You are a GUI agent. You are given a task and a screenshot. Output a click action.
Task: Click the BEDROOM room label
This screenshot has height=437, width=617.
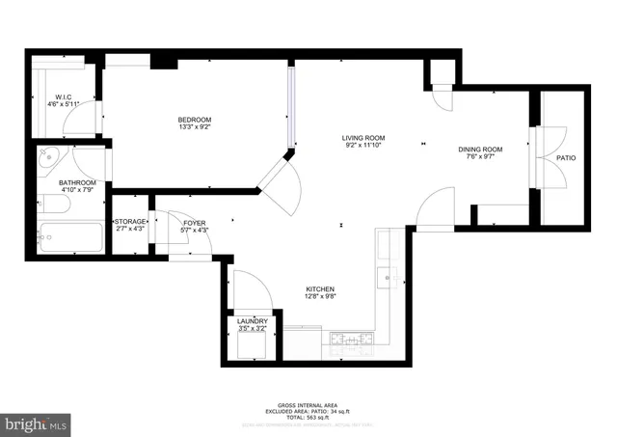coord(194,119)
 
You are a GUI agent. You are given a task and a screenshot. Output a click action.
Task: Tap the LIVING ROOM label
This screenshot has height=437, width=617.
coord(362,138)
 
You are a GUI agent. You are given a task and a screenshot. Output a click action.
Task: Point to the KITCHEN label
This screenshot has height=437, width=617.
coord(320,289)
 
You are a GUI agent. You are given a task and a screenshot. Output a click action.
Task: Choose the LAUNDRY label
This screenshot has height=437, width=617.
coord(252,321)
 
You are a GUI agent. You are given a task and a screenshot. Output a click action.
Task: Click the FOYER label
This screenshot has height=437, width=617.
coord(194,223)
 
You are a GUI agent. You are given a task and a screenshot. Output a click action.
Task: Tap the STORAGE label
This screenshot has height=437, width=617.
coord(130,222)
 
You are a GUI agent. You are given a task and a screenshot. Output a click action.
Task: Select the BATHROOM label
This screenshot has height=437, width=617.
coord(76,182)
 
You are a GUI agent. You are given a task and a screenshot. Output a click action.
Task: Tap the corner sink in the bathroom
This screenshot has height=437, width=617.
coord(49,157)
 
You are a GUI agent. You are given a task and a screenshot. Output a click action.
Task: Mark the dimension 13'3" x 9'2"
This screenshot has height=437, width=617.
coord(194,126)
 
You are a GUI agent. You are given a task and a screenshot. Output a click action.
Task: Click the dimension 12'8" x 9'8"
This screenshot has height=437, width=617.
coord(320,297)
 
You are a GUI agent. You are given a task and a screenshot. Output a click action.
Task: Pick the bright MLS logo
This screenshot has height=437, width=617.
coord(37,423)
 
